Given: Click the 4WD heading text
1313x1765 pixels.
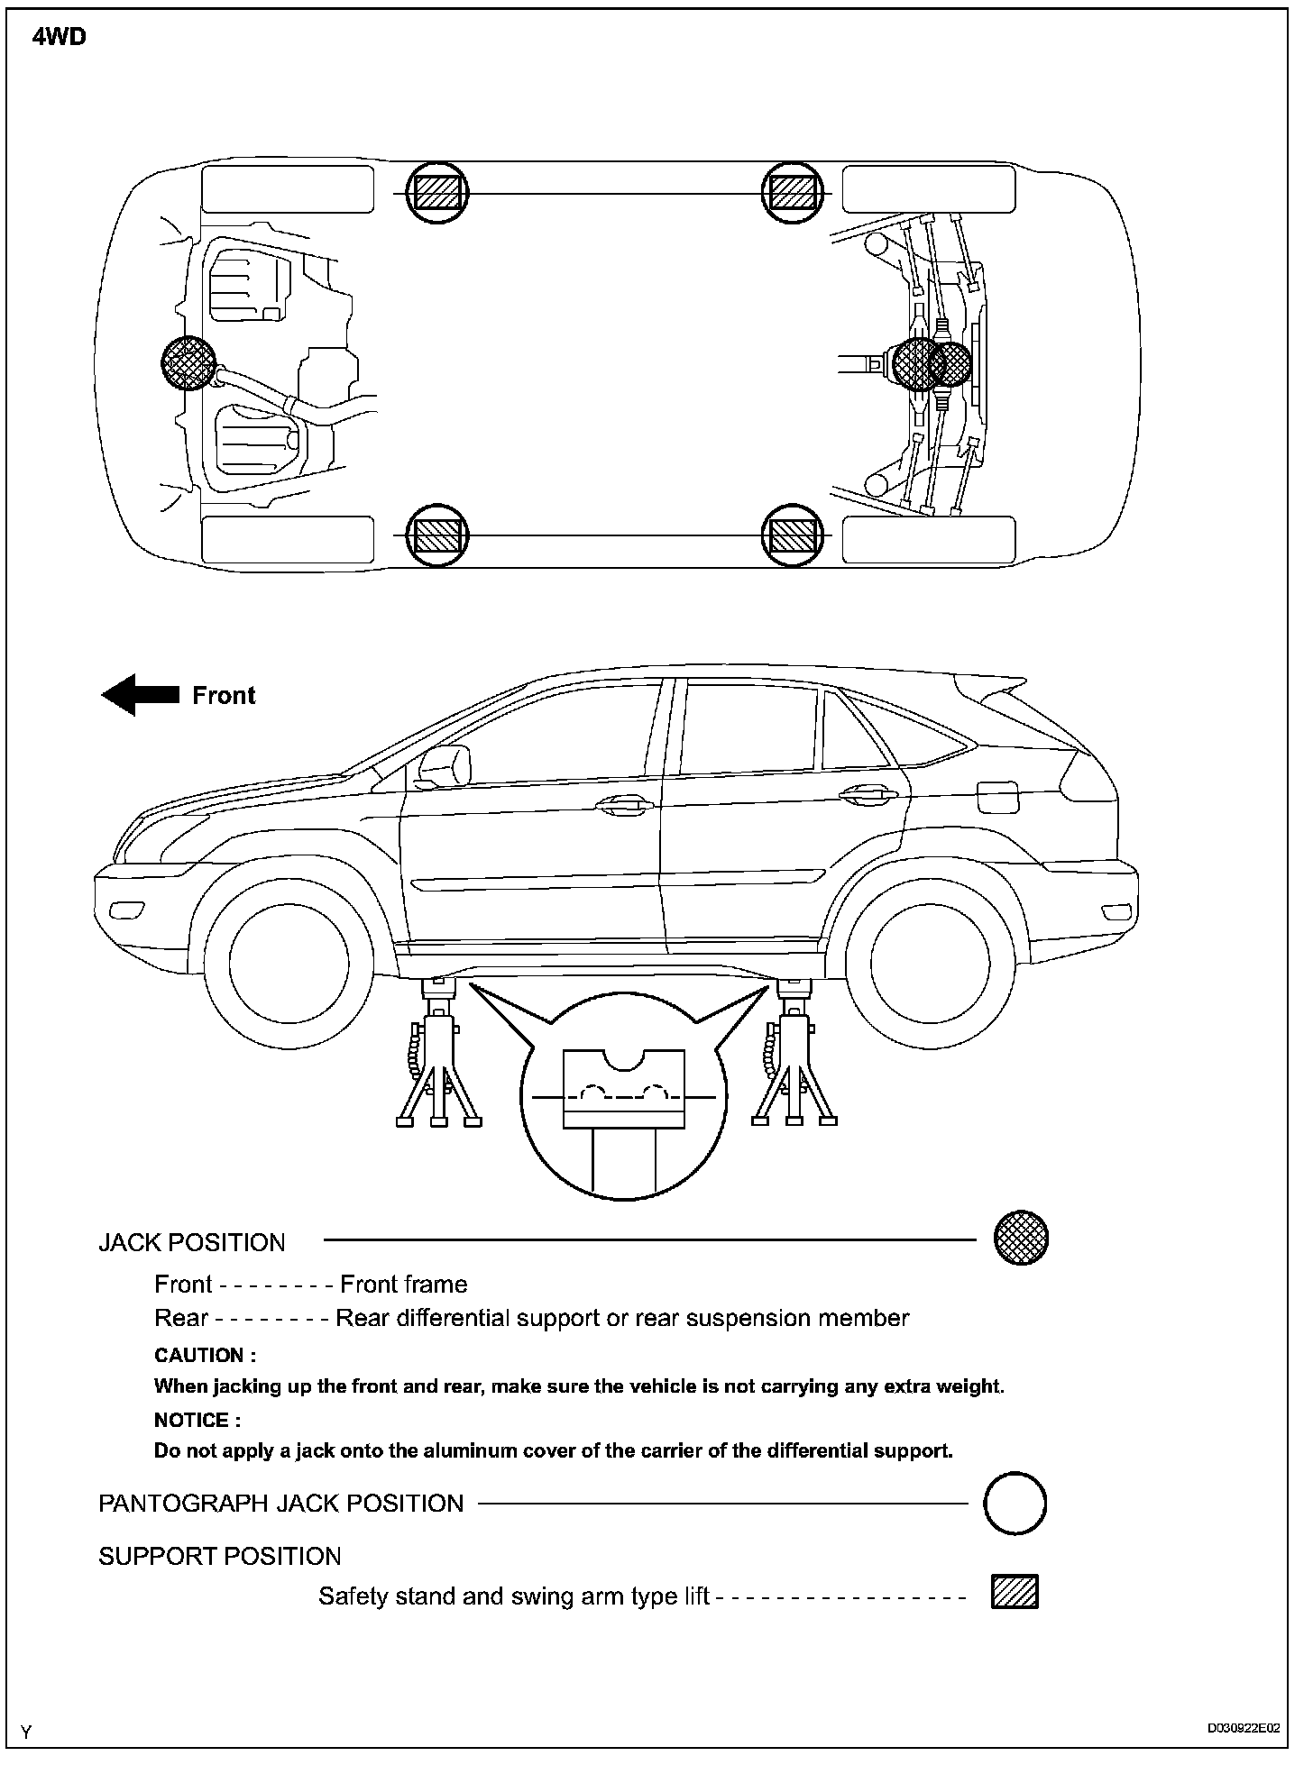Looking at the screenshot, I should (60, 38).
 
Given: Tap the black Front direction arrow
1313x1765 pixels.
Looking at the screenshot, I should (139, 695).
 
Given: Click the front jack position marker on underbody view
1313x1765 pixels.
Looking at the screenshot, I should (188, 363).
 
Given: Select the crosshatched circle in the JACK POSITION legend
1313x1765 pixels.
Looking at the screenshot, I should (1021, 1238).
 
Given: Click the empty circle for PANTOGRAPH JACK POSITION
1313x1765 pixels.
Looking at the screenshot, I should (1015, 1503).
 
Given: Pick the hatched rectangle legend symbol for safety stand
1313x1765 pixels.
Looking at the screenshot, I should (1015, 1592).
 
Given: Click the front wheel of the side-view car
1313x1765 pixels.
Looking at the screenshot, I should (289, 962).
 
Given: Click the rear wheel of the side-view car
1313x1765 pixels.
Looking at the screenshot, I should (932, 962).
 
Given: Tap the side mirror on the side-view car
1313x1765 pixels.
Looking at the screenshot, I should (445, 764).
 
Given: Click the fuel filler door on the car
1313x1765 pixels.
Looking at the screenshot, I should (997, 797).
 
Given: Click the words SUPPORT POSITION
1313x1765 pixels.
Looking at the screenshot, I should (220, 1557).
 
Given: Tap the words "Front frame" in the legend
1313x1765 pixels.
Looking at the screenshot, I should (403, 1285).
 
